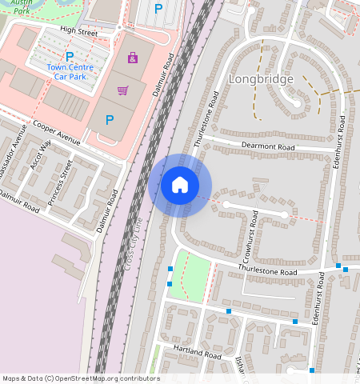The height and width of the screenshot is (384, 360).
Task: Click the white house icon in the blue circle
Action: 180,185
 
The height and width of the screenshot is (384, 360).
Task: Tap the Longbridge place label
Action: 261,79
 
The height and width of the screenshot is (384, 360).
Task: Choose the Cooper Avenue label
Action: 57,134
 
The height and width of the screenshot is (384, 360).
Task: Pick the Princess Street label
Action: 60,182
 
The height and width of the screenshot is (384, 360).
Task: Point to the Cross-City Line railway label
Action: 132,244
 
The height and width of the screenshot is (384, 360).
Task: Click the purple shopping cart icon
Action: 122,90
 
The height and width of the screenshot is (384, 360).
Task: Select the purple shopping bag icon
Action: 132,58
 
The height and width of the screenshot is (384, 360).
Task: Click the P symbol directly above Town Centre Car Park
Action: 70,56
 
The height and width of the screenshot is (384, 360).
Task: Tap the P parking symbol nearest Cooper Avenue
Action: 109,121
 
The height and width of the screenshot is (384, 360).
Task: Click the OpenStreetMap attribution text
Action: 81,378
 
